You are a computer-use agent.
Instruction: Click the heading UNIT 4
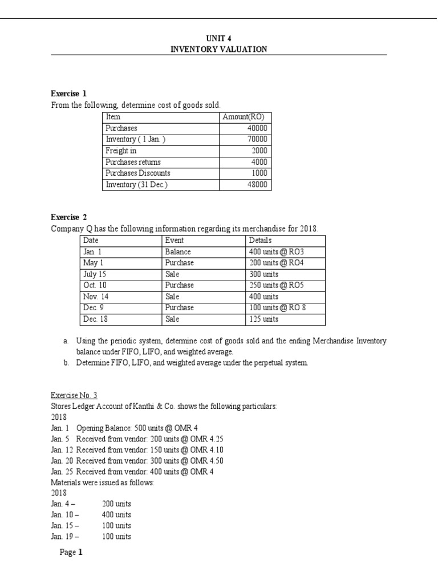pos(218,38)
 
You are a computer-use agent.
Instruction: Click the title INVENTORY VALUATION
pos(218,49)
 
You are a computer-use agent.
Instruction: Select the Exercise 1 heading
pos(68,94)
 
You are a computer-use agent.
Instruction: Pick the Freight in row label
pos(121,151)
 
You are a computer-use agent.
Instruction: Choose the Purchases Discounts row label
pos(138,173)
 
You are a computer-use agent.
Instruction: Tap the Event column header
pos(174,240)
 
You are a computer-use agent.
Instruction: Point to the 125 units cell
pos(263,318)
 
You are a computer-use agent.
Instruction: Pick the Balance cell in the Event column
pos(177,251)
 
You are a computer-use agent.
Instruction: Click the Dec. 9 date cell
pos(91,307)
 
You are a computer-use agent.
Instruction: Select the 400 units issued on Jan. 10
pos(116,514)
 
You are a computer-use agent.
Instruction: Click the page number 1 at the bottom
pos(80,552)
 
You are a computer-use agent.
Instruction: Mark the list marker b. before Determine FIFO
pos(66,363)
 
